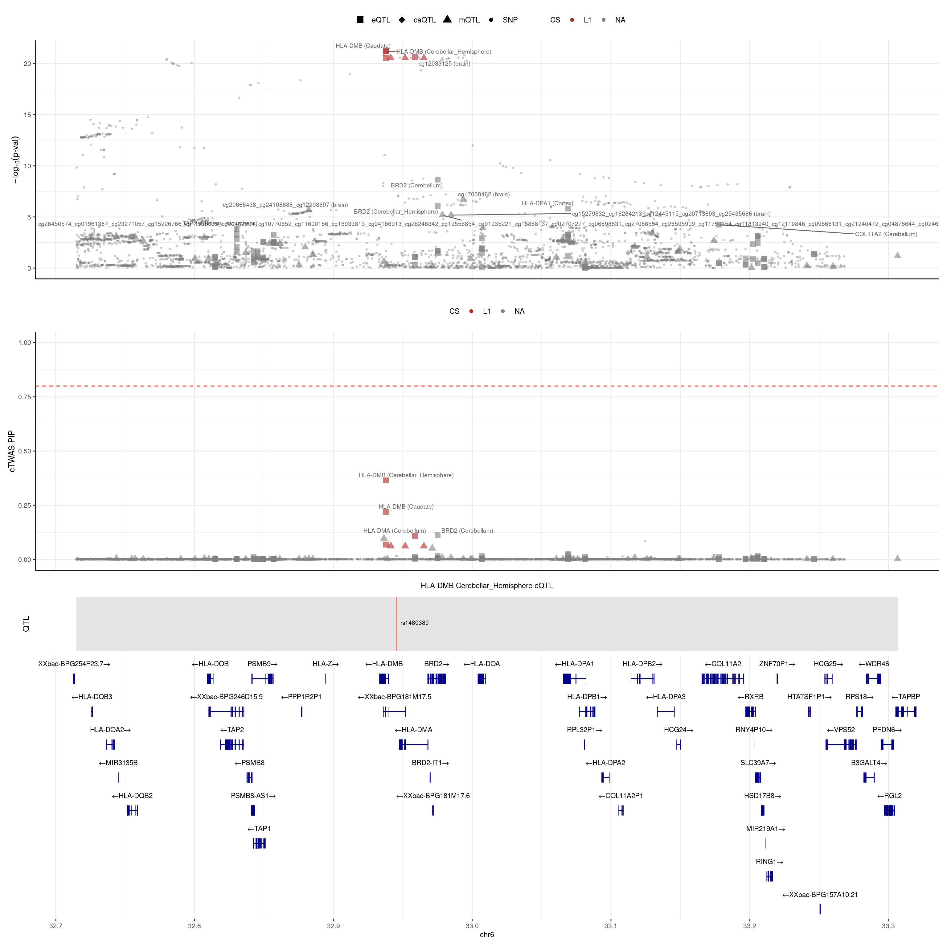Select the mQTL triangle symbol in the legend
(x=447, y=19)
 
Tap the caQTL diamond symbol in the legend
(x=402, y=20)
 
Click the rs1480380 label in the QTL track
(x=414, y=623)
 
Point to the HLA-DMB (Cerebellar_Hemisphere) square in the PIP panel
(x=386, y=480)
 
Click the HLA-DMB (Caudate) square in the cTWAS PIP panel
(x=386, y=512)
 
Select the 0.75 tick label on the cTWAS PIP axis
(x=25, y=396)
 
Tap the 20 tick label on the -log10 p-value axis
(x=27, y=64)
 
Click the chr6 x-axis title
(x=487, y=935)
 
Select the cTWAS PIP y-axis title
(x=12, y=451)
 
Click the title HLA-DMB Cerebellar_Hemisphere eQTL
(x=487, y=586)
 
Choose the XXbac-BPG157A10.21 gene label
(x=820, y=895)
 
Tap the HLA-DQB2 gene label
(x=132, y=796)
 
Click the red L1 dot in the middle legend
(x=471, y=311)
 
